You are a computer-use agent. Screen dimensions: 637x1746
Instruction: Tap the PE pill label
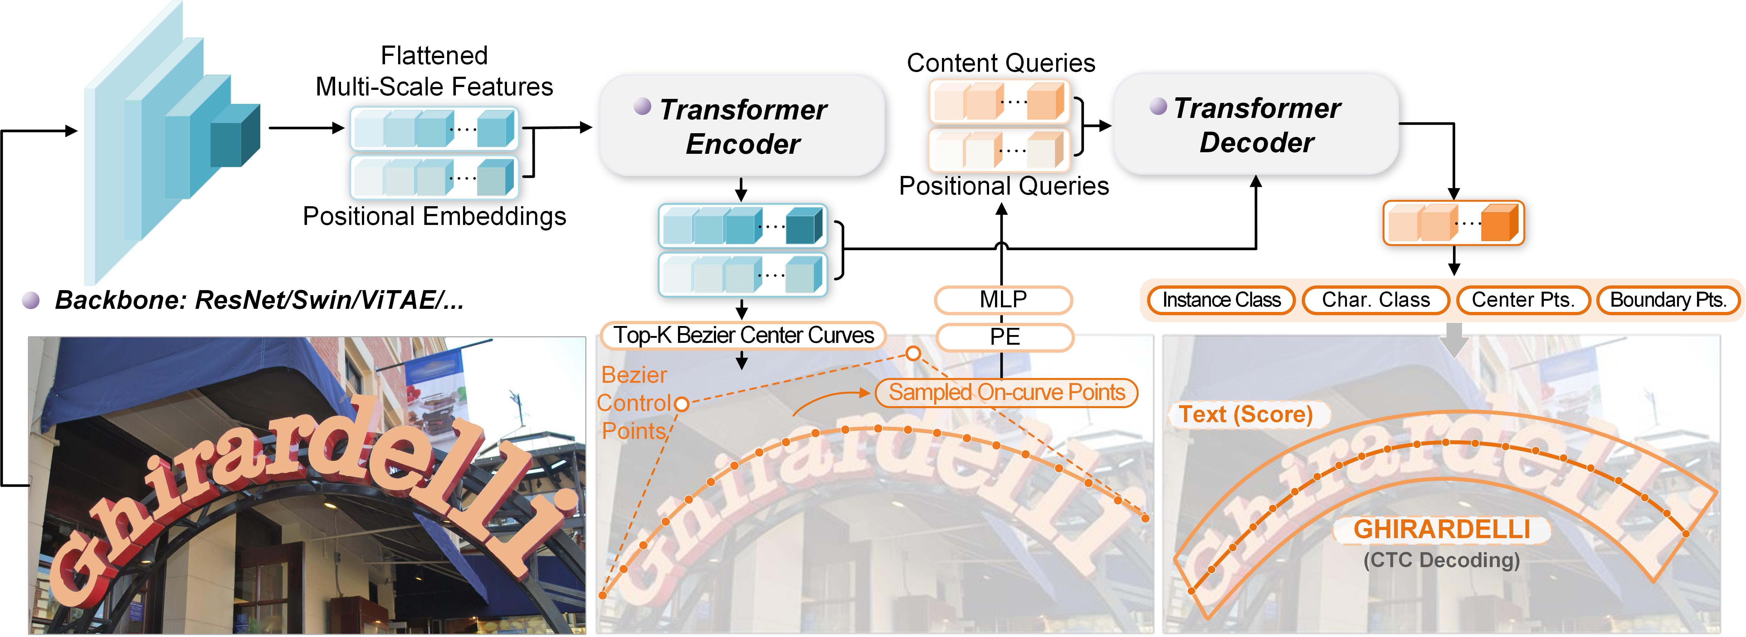tap(1004, 337)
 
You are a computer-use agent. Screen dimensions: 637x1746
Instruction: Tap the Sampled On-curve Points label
tap(1007, 392)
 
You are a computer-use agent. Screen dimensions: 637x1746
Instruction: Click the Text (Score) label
tap(1246, 414)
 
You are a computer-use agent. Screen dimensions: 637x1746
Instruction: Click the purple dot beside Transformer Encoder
tap(642, 106)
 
